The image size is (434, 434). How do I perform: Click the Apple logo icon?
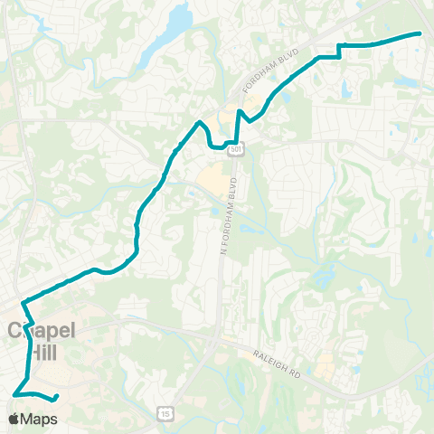[14, 419]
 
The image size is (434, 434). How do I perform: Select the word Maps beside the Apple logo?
[39, 419]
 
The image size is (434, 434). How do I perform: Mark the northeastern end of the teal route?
[420, 33]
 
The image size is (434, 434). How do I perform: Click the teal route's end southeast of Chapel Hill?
[57, 397]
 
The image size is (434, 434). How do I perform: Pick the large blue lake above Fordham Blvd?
[175, 17]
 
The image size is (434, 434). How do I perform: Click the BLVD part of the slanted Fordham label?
[287, 62]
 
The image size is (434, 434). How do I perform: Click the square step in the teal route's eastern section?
[339, 51]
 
